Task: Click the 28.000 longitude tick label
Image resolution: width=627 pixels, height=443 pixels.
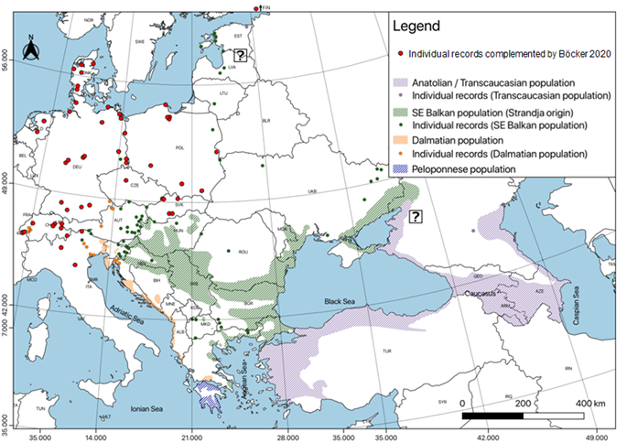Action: click(288, 436)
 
